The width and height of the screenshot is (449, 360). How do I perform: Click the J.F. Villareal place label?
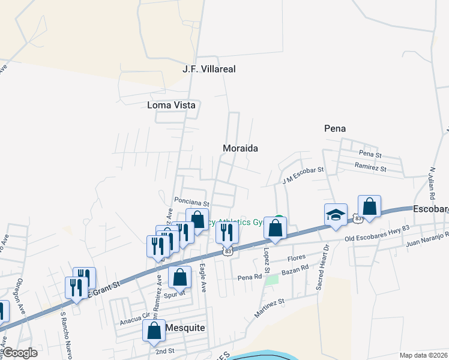(x=209, y=69)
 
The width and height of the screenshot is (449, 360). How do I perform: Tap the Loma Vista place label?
(x=172, y=105)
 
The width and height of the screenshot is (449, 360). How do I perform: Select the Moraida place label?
(x=240, y=148)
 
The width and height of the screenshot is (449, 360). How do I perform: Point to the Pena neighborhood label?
(x=335, y=128)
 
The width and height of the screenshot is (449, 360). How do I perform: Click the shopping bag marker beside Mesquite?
(x=154, y=331)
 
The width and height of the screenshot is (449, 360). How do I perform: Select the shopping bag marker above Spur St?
(x=179, y=277)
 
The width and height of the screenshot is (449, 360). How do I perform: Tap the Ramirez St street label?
(x=371, y=167)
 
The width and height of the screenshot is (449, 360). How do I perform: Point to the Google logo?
(x=19, y=353)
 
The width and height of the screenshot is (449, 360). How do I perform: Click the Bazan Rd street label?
(x=297, y=271)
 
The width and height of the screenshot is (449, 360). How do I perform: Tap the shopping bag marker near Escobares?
(x=369, y=206)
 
